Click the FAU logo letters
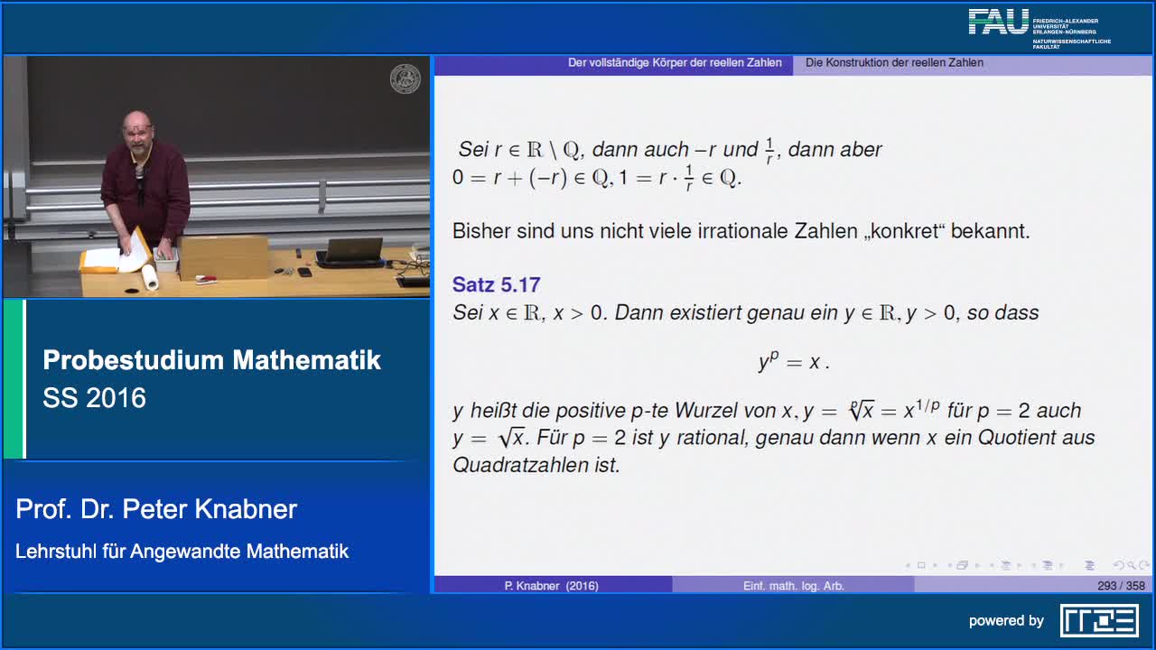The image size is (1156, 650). pos(999,23)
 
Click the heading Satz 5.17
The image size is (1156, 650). pos(496,285)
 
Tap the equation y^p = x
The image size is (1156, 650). pos(793,362)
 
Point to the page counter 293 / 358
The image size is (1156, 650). pos(1121,586)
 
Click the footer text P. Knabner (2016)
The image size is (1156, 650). pos(551,586)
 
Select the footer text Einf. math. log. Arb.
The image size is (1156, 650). pos(793,586)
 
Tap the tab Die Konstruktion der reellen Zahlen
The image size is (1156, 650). pos(894,63)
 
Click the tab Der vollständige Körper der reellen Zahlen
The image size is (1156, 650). pos(675,63)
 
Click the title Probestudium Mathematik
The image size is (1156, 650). pos(211,360)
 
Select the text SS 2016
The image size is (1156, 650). pos(94,398)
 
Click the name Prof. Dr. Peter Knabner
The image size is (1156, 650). pos(156,509)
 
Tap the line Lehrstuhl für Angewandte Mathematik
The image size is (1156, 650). pos(182,552)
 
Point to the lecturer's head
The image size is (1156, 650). pos(137,129)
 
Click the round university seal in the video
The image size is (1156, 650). pos(405,79)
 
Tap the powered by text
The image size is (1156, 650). pos(1006,621)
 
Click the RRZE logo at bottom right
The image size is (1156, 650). pos(1099,621)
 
